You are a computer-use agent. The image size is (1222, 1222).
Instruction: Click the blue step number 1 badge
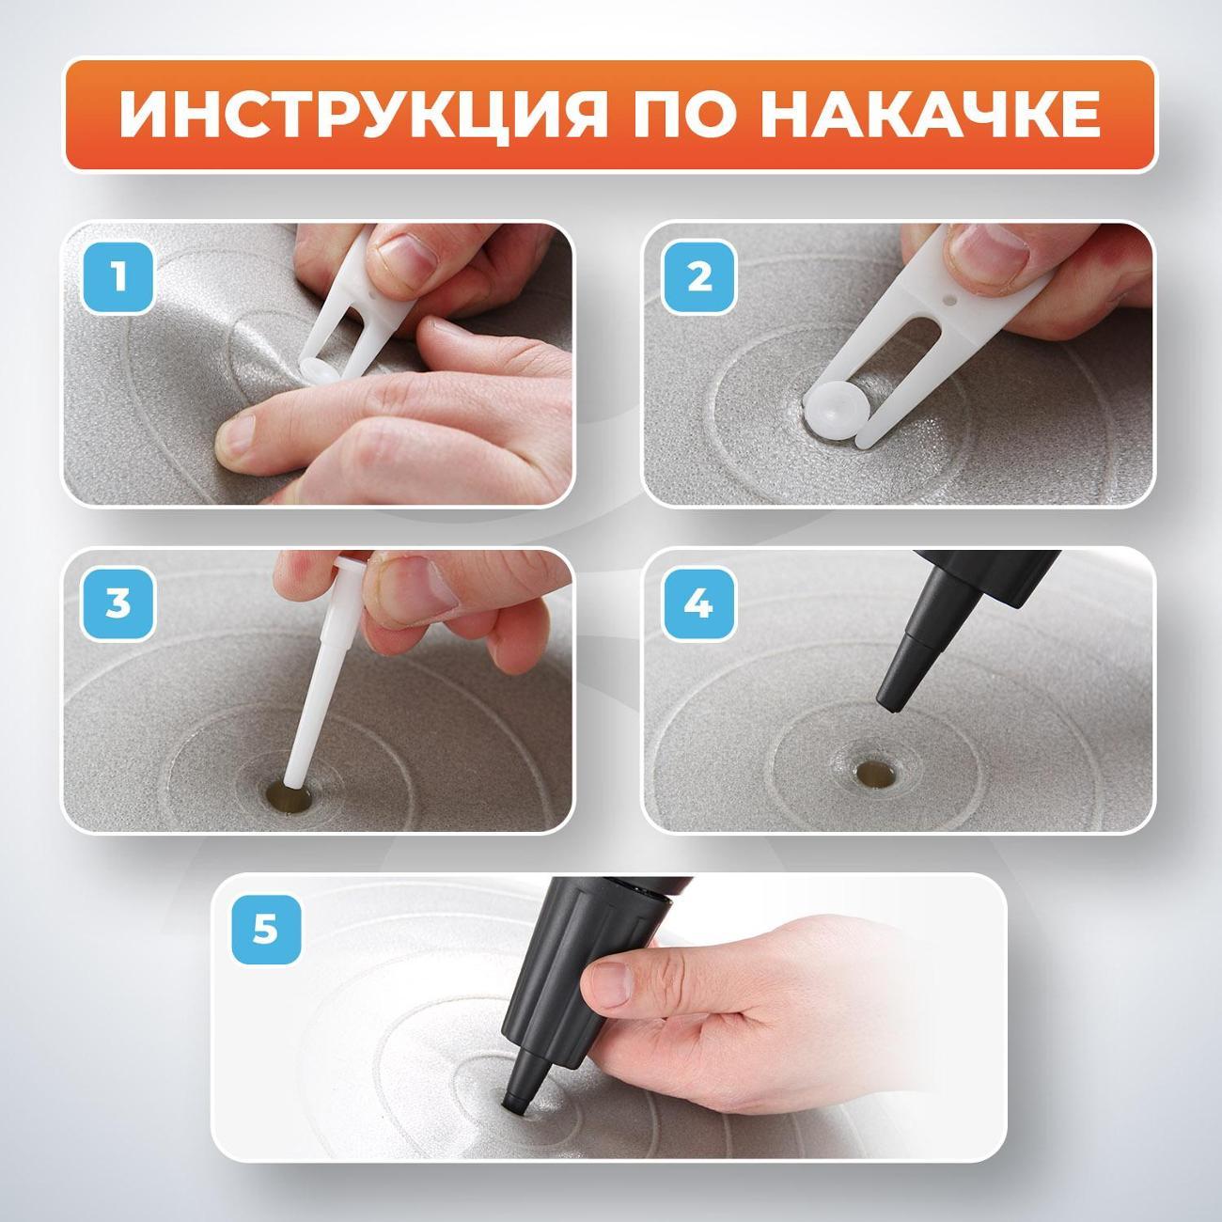point(118,278)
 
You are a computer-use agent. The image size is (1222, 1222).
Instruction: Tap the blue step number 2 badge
point(699,278)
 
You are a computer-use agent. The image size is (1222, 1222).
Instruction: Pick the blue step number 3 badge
point(118,603)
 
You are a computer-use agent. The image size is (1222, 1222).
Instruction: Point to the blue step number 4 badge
point(699,603)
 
